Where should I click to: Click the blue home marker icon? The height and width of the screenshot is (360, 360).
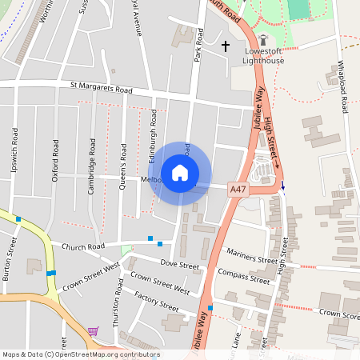(180, 172)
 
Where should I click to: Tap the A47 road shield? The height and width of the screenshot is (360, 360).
(238, 190)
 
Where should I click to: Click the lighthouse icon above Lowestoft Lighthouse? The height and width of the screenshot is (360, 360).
(264, 40)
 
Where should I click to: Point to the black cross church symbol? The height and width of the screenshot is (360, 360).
(226, 46)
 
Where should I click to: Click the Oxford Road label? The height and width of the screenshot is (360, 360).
(55, 161)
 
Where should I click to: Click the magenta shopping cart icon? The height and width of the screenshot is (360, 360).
(93, 330)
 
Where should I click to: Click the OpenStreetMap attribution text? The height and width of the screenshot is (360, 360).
(81, 354)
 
